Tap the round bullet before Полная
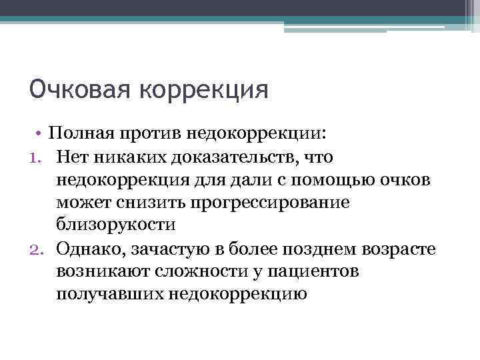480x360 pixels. (x=41, y=133)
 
